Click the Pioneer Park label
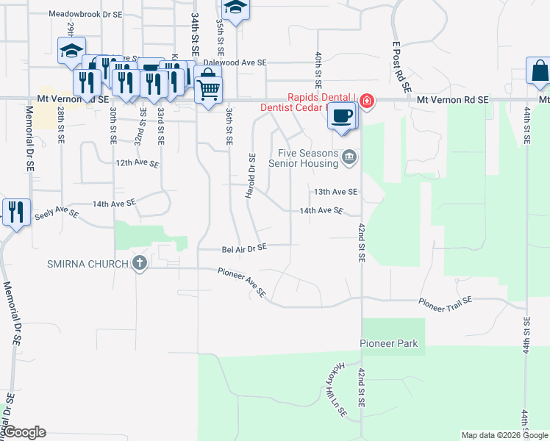388,343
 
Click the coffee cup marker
341,116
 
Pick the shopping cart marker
209,89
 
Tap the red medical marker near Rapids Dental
366,101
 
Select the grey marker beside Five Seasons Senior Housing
350,156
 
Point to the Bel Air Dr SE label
244,249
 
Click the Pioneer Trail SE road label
446,301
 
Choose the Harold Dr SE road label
251,176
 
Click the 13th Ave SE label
335,191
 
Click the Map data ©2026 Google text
504,435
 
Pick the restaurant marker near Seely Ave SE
15,212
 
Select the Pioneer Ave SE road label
242,282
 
